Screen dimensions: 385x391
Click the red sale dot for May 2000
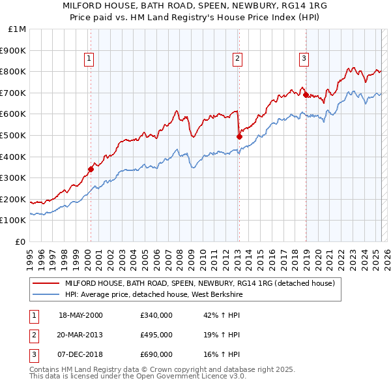pos(91,169)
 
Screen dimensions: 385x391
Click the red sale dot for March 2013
pos(239,136)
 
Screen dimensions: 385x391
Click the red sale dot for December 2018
pos(305,95)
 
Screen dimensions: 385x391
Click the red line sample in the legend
pos(46,283)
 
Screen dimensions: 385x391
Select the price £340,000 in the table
pos(156,315)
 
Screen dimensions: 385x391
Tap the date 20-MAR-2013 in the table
pos(81,334)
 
